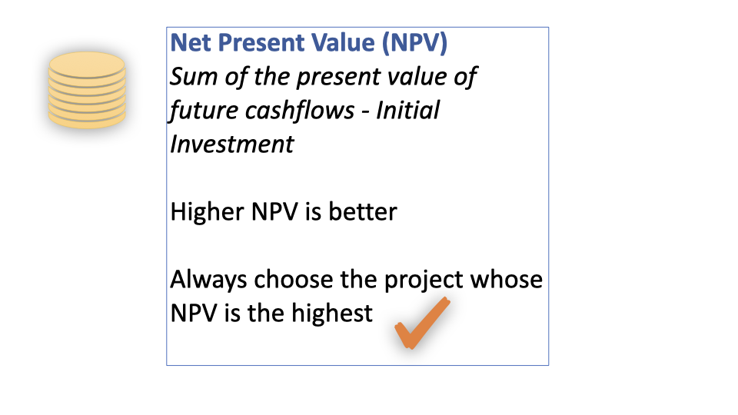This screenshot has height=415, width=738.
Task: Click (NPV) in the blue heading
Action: pyautogui.click(x=414, y=43)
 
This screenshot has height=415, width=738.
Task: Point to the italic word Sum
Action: pyautogui.click(x=194, y=76)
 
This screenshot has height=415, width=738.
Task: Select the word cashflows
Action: pyautogui.click(x=300, y=111)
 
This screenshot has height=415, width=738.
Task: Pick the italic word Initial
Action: pyautogui.click(x=407, y=110)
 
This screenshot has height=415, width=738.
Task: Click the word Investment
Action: pyautogui.click(x=232, y=144)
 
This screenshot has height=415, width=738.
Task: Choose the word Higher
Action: pyautogui.click(x=207, y=212)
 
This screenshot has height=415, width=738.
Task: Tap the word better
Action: pyautogui.click(x=362, y=212)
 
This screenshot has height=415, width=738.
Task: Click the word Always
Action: pyautogui.click(x=208, y=281)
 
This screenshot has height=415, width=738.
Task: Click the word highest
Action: pyautogui.click(x=332, y=314)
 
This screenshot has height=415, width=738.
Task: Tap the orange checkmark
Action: pyautogui.click(x=421, y=324)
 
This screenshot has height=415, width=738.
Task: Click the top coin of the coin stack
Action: pyautogui.click(x=87, y=65)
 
